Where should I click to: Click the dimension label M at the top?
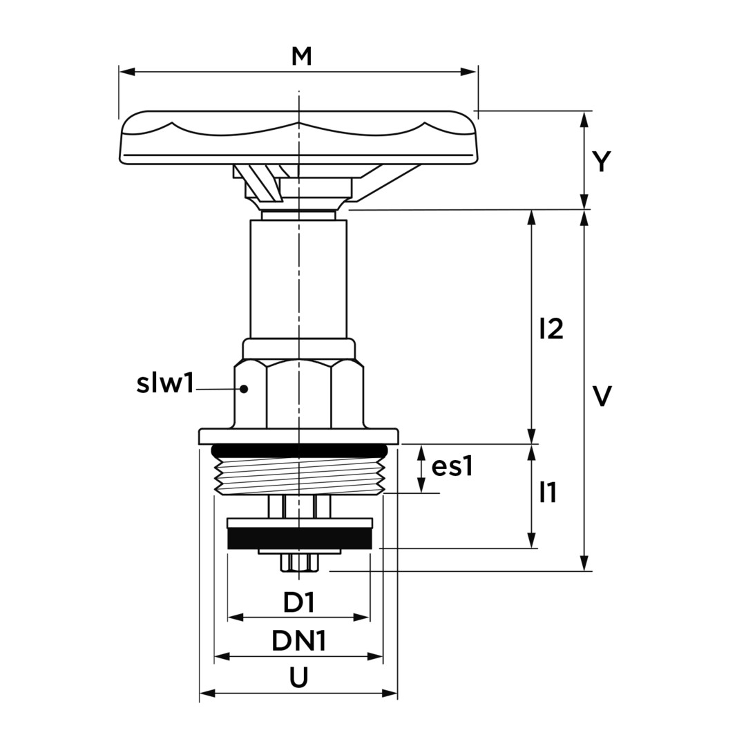pos(301,57)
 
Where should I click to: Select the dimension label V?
pos(602,396)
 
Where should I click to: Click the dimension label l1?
pos(548,492)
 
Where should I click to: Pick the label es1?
pos(452,467)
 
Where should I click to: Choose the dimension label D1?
pos(299,603)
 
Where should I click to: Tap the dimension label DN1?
pos(299,641)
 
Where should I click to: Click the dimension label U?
pos(299,678)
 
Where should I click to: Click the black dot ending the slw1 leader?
pos(244,389)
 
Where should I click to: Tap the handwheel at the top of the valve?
pos(298,138)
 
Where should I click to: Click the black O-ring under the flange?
pos(299,450)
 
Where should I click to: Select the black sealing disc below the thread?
pos(300,539)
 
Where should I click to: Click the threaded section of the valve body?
pos(299,475)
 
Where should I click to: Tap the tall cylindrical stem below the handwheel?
pos(298,278)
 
